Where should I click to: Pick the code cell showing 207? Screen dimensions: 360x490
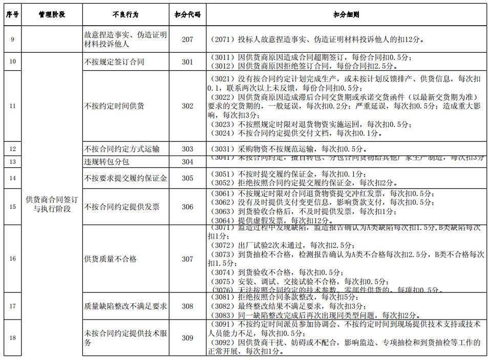pos(187,39)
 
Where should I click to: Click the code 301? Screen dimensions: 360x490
pos(187,62)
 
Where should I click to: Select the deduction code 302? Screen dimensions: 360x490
pos(187,106)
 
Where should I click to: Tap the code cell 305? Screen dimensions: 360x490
pos(187,178)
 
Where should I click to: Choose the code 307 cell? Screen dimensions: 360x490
pos(187,259)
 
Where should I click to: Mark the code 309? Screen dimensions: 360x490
pos(187,338)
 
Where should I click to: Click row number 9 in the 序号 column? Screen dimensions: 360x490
pos(12,39)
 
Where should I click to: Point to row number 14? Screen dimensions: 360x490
pos(12,178)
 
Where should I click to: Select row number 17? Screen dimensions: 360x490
pos(12,306)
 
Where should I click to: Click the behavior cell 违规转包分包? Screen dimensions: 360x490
pos(106,162)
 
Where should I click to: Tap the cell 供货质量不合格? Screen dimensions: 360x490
pos(110,259)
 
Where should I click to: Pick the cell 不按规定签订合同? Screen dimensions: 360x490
pos(114,62)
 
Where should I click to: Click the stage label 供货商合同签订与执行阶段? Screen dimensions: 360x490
pos(52,204)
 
